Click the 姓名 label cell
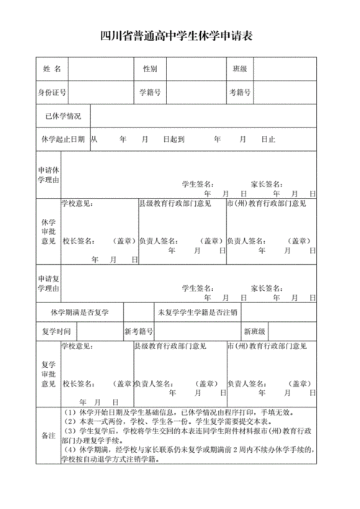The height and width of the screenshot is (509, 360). click(x=52, y=69)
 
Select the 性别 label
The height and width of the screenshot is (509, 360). click(x=150, y=69)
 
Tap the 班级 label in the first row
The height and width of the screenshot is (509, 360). click(x=240, y=69)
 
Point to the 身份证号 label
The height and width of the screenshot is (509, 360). click(x=52, y=93)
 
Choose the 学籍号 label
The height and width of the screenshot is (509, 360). click(x=150, y=93)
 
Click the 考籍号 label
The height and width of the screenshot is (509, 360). click(x=240, y=93)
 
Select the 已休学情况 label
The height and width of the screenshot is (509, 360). click(x=63, y=116)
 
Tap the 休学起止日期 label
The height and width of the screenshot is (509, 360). click(x=63, y=140)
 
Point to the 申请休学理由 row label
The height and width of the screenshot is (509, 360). click(x=48, y=174)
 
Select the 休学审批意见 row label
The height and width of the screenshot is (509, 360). click(x=48, y=233)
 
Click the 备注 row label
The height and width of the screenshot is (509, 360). click(x=48, y=436)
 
